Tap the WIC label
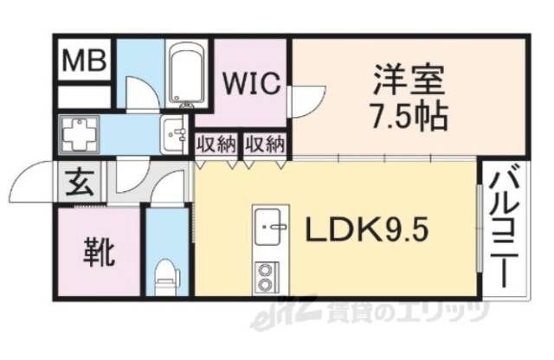click(x=251, y=85)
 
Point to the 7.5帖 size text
click(x=409, y=115)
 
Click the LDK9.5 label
click(x=364, y=230)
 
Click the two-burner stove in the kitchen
click(x=266, y=278)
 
